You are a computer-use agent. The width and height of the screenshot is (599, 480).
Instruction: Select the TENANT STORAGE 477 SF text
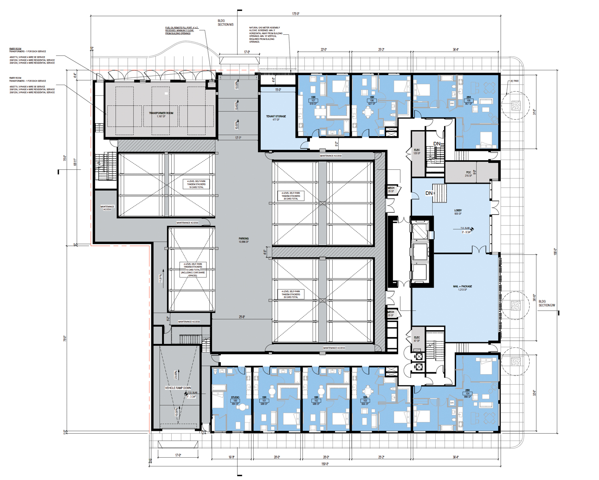click(276, 118)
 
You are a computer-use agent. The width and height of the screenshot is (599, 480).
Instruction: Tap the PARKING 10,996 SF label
click(244, 240)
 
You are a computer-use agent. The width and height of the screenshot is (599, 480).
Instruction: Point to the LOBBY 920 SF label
click(458, 212)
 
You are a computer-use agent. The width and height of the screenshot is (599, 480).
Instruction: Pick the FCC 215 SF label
click(468, 174)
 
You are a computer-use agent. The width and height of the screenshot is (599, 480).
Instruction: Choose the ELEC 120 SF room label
click(417, 152)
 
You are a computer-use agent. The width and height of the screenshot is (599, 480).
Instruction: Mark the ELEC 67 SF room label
click(417, 339)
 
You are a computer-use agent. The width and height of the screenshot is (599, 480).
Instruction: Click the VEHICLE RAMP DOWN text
click(178, 388)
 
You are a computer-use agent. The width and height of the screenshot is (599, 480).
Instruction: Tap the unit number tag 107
click(313, 100)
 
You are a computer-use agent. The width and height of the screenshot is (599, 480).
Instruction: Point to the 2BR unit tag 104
click(467, 393)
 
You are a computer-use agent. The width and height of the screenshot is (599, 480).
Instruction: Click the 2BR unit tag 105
click(468, 100)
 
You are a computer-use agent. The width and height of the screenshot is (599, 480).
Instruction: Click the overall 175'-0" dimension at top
click(296, 14)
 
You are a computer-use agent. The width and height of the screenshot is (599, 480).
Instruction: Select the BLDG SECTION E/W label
click(547, 303)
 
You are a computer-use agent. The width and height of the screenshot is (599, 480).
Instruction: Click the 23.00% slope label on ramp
click(176, 375)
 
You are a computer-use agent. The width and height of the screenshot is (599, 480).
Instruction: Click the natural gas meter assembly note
click(266, 35)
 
